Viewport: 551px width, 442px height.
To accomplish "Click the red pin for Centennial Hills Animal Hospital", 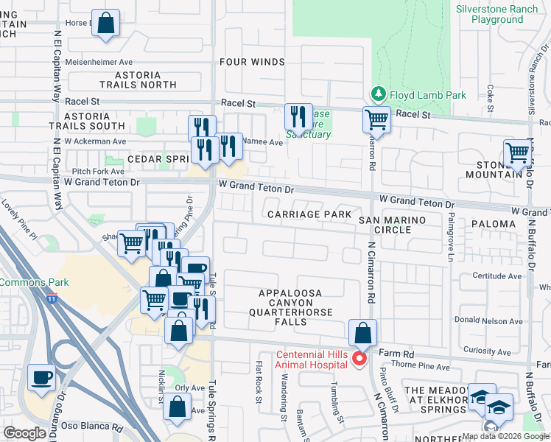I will click(359, 359).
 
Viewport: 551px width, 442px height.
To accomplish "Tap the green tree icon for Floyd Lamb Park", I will click(378, 94).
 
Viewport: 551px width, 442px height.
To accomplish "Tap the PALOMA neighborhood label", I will click(493, 223).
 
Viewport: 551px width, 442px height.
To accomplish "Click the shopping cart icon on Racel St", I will click(376, 119).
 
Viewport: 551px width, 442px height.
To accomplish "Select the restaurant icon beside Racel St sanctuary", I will click(298, 116).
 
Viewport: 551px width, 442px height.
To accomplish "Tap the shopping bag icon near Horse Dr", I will click(106, 23).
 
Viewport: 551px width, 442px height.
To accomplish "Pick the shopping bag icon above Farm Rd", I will click(362, 332).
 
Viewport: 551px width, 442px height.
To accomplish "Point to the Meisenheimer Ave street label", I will click(98, 63).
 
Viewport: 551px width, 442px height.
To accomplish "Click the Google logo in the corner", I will click(24, 433).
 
